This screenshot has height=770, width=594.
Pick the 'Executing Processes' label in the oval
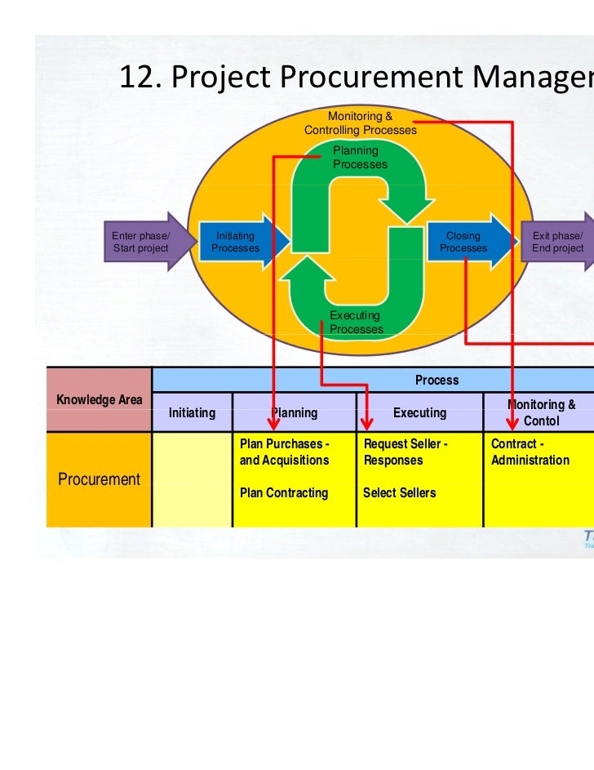pyautogui.click(x=356, y=323)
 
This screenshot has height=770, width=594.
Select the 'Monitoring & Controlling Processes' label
pyautogui.click(x=360, y=123)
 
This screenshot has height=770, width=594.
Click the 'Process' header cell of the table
pyautogui.click(x=437, y=380)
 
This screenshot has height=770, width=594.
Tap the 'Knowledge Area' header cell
pyautogui.click(x=99, y=399)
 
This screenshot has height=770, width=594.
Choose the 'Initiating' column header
pyautogui.click(x=192, y=413)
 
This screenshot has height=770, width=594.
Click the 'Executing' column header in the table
pyautogui.click(x=419, y=413)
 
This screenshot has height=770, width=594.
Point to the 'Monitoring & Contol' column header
pyautogui.click(x=541, y=413)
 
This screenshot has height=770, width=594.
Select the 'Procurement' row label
pyautogui.click(x=99, y=479)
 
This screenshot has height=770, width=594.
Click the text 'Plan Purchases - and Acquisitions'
pyautogui.click(x=285, y=452)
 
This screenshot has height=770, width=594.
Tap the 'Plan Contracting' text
pyautogui.click(x=283, y=493)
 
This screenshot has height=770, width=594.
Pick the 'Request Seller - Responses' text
pyautogui.click(x=406, y=452)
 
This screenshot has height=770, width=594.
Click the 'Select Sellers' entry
pyautogui.click(x=399, y=493)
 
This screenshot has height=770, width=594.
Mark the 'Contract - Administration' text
pyautogui.click(x=530, y=452)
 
